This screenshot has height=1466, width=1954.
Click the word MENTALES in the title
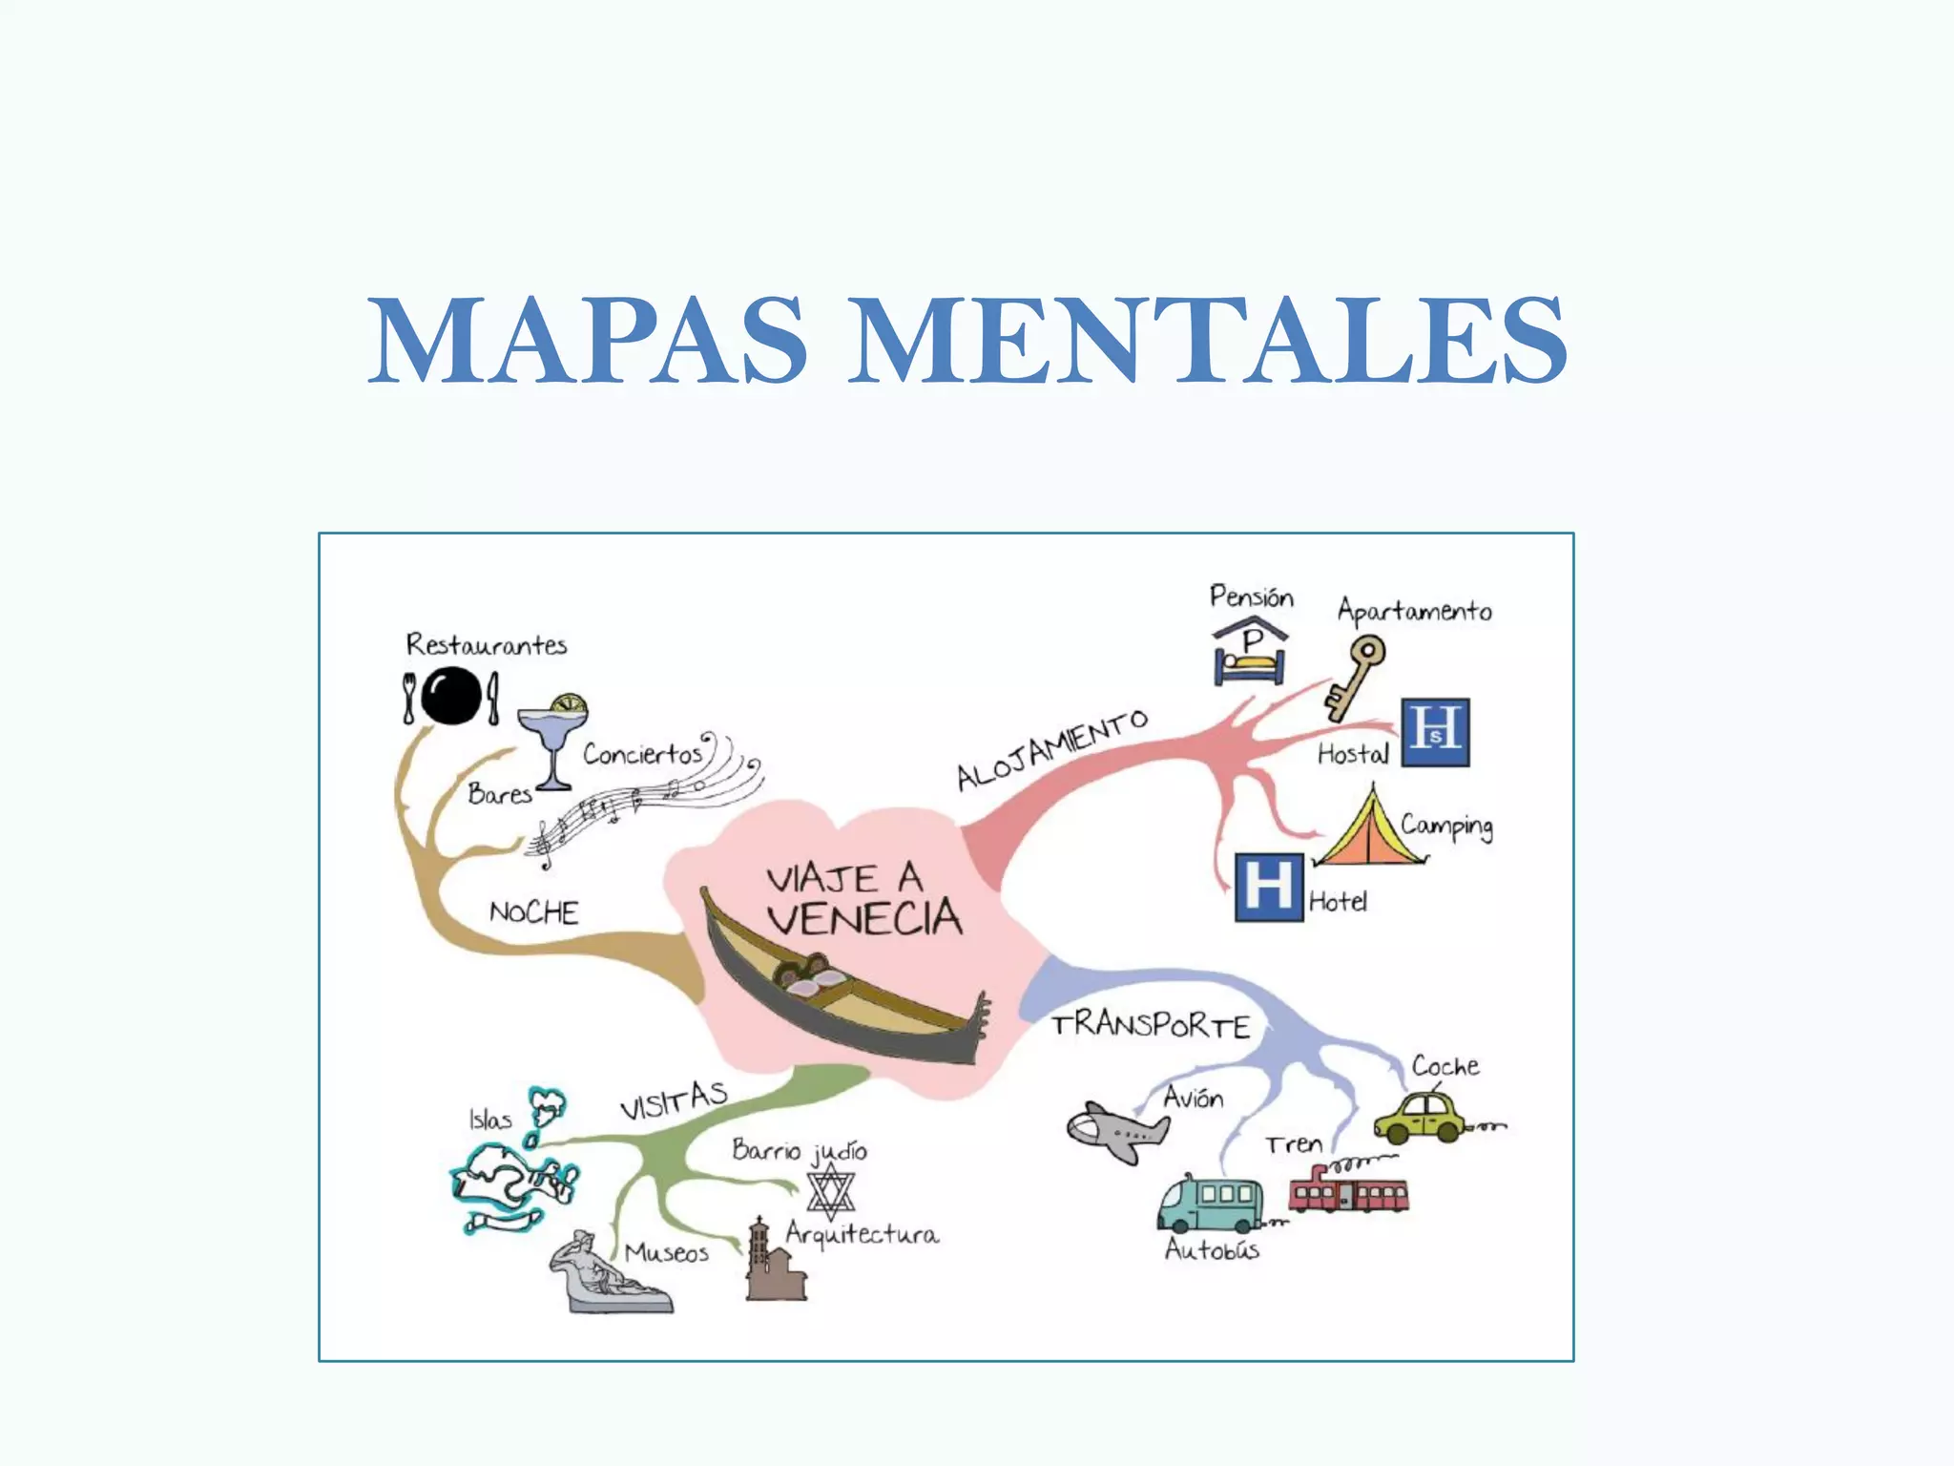pyautogui.click(x=1207, y=341)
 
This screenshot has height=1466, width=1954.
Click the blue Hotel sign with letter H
pyautogui.click(x=1269, y=887)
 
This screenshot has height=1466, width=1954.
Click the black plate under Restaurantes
pyautogui.click(x=450, y=696)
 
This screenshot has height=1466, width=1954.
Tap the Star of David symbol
pyautogui.click(x=830, y=1191)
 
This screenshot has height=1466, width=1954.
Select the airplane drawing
pyautogui.click(x=1116, y=1131)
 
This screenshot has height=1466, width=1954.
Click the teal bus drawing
pyautogui.click(x=1210, y=1205)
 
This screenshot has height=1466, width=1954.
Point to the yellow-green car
pyautogui.click(x=1422, y=1117)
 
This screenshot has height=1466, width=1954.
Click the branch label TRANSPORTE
pyautogui.click(x=1151, y=1026)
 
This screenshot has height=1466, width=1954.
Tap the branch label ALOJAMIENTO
pyautogui.click(x=1051, y=751)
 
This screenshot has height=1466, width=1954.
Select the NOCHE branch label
pyautogui.click(x=533, y=912)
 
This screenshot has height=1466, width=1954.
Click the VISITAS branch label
pyautogui.click(x=674, y=1100)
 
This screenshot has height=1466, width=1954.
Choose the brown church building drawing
pyautogui.click(x=774, y=1262)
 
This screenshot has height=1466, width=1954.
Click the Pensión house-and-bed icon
pyautogui.click(x=1250, y=651)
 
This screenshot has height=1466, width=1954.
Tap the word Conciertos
pyautogui.click(x=642, y=754)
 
